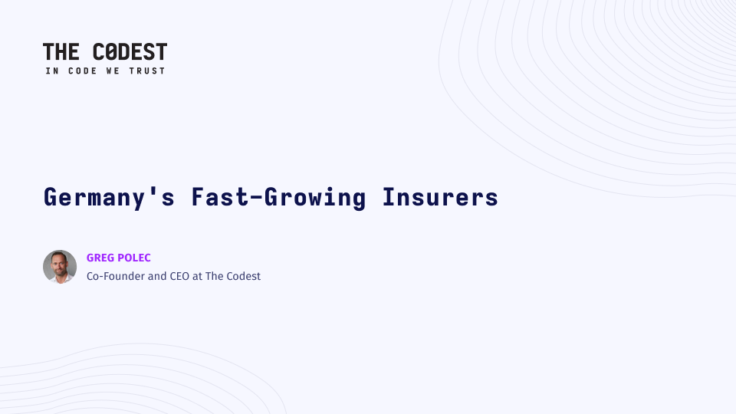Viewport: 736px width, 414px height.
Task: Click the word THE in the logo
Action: pos(61,51)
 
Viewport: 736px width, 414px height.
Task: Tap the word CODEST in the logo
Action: pos(130,51)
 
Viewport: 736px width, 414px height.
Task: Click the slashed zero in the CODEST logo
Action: pos(110,51)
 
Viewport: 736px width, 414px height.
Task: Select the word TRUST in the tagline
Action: pos(147,71)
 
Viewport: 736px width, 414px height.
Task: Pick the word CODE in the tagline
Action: pos(83,71)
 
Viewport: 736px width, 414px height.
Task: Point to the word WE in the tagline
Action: pos(113,71)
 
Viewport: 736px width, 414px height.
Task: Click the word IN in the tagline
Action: pos(52,71)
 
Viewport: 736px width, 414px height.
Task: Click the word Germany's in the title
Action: pos(110,197)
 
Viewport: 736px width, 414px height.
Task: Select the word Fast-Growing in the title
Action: pos(278,197)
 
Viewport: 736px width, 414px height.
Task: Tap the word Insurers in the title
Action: pos(440,197)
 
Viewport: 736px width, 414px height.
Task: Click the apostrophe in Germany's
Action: pos(153,190)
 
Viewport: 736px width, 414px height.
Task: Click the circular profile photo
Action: pos(60,267)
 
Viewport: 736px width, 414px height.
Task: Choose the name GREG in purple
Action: pos(100,258)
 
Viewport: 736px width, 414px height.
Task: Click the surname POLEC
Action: pos(134,258)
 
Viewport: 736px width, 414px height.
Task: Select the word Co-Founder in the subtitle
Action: pos(116,276)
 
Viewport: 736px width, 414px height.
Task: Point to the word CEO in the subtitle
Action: pos(179,276)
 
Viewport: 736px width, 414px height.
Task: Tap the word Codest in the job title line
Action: pos(243,276)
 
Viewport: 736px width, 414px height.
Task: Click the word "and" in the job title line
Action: pos(157,276)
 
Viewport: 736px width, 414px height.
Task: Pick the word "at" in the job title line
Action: pos(197,277)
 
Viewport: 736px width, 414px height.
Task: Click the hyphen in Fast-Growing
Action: pos(256,198)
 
